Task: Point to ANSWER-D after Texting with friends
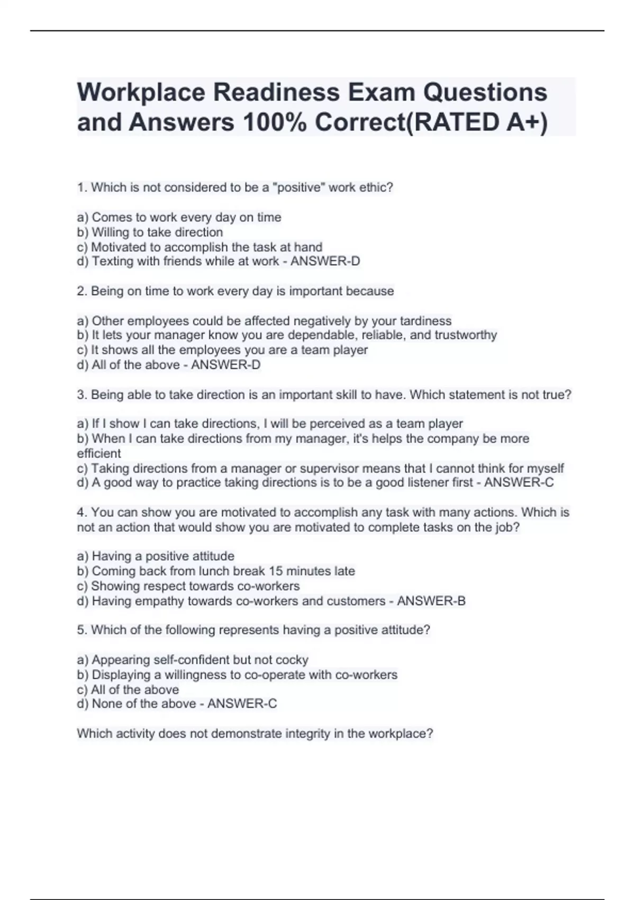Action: point(325,261)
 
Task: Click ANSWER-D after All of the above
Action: point(226,365)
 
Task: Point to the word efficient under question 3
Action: point(99,453)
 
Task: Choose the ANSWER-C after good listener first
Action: point(519,482)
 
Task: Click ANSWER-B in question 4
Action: point(431,601)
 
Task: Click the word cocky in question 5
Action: point(292,660)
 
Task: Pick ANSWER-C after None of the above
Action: point(242,704)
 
